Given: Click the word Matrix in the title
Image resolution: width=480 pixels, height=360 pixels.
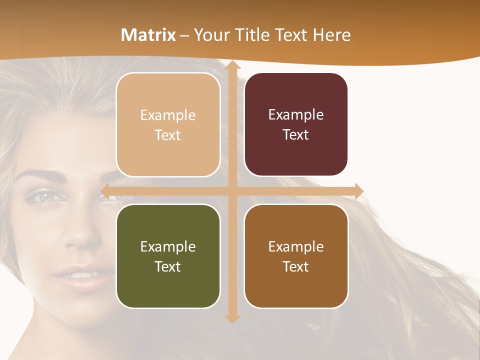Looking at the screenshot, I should tap(148, 35).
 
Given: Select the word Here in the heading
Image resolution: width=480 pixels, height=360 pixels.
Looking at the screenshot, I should tap(331, 35).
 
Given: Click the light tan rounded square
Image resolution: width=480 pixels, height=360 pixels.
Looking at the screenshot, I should tap(168, 124).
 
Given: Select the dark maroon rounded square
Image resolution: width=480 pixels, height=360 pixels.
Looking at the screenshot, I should tap(296, 124).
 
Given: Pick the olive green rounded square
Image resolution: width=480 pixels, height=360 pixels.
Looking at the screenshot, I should tap(168, 256).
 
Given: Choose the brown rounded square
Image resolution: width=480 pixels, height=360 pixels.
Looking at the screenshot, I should tap(296, 256).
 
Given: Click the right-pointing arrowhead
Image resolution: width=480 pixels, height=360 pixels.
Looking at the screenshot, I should tap(358, 191).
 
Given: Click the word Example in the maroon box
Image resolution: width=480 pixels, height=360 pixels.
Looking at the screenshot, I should tap(296, 114).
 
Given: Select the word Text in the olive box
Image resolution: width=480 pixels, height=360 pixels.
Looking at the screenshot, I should tap(167, 266).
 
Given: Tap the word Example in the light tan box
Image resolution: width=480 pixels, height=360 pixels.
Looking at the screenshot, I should tap(168, 115).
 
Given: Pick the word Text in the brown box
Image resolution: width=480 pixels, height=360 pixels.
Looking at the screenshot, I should tap(295, 266).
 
